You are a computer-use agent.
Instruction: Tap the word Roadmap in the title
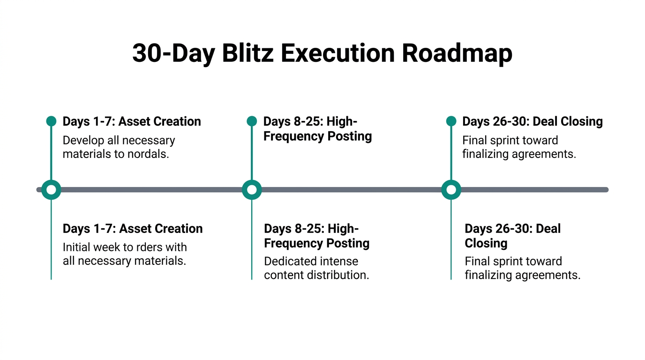click(x=457, y=53)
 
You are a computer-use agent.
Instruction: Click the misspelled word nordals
click(x=148, y=154)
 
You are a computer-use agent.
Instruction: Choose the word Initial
click(x=78, y=247)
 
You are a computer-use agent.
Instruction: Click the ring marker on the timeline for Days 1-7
click(x=51, y=190)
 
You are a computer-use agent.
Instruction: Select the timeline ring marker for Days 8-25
click(x=252, y=190)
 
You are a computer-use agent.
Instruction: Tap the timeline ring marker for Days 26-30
click(x=451, y=190)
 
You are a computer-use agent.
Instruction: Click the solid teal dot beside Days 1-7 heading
click(x=51, y=121)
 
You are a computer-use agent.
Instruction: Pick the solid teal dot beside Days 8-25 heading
click(x=252, y=121)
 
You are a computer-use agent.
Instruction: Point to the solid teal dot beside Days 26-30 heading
click(x=451, y=121)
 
